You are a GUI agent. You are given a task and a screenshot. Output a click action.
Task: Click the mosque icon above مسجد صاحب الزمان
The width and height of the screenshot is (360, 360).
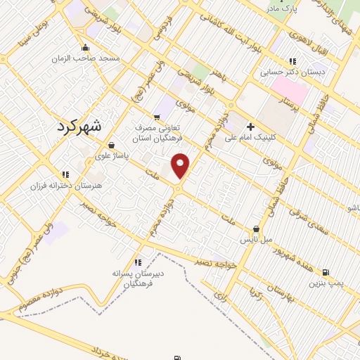point(85,48)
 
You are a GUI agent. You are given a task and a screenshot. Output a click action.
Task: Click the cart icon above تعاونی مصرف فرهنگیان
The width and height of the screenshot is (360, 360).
point(157,117)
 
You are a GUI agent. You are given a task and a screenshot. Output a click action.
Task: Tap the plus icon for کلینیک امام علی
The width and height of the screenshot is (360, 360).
point(251,126)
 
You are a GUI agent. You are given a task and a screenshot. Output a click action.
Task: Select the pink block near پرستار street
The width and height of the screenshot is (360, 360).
point(290,90)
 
